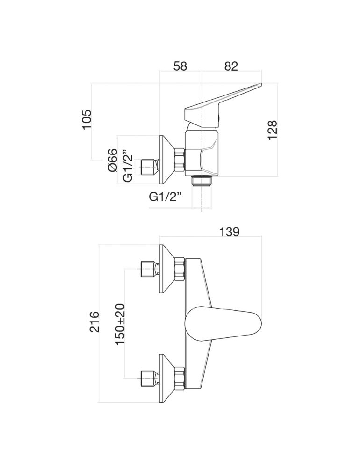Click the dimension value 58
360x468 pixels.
pyautogui.click(x=180, y=66)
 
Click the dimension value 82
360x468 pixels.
pyautogui.click(x=231, y=66)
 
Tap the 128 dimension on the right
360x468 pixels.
pyautogui.click(x=273, y=130)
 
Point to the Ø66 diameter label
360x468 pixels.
pyautogui.click(x=112, y=160)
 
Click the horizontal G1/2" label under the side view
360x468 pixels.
pyautogui.click(x=165, y=197)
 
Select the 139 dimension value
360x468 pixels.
pyautogui.click(x=229, y=232)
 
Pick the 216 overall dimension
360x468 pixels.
pyautogui.click(x=95, y=322)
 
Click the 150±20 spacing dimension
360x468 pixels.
pyautogui.click(x=120, y=323)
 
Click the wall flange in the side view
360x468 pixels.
pyautogui.click(x=166, y=159)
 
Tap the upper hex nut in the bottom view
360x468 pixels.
pyautogui.click(x=180, y=269)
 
